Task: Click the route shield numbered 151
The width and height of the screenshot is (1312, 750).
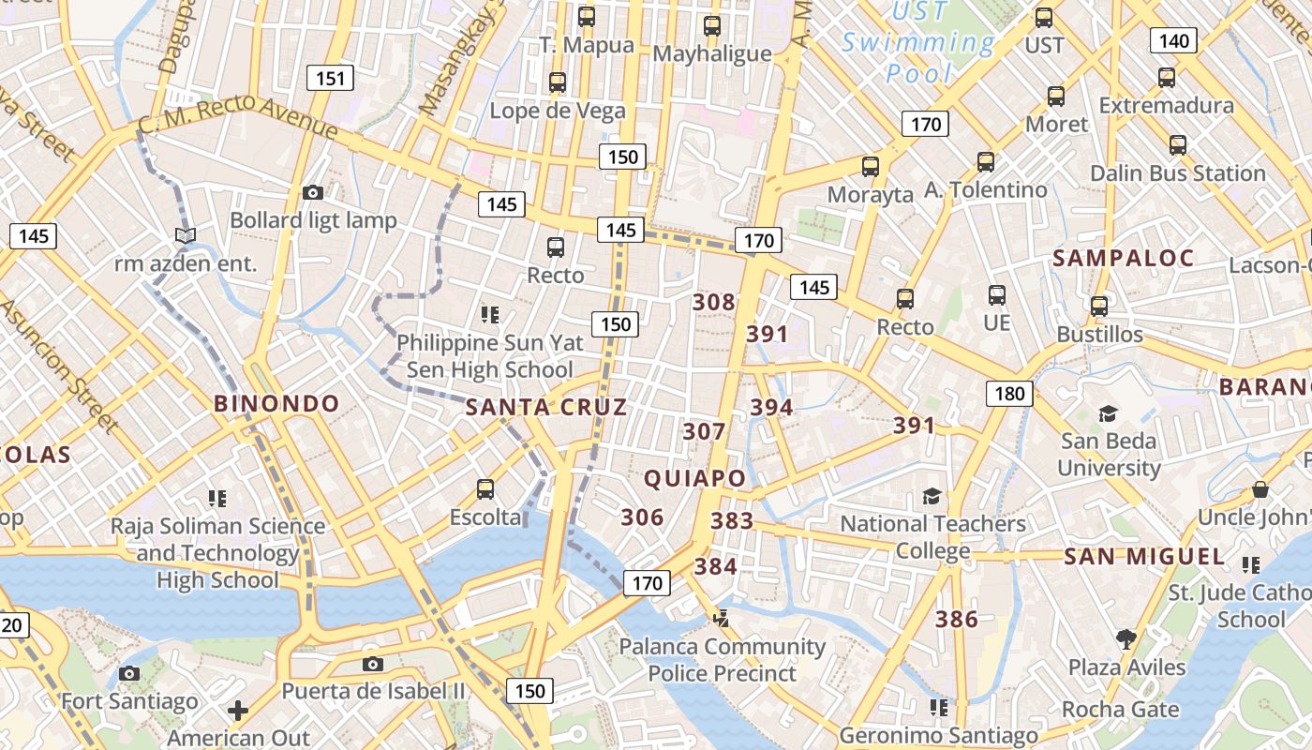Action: click(x=330, y=78)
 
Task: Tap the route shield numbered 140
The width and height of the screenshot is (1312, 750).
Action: click(x=1173, y=40)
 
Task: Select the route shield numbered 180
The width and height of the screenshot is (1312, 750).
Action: click(x=1009, y=393)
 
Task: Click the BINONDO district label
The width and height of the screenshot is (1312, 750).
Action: click(x=276, y=404)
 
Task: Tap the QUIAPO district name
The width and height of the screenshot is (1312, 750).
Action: click(x=694, y=478)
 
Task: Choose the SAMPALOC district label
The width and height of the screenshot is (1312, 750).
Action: click(x=1124, y=258)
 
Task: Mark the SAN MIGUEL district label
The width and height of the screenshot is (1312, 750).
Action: click(x=1144, y=557)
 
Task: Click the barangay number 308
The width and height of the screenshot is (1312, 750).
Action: click(x=714, y=302)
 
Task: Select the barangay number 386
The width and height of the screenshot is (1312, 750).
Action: click(x=957, y=619)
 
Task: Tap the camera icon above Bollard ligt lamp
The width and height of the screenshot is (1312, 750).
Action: click(x=313, y=192)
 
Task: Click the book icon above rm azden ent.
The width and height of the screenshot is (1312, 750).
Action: click(x=186, y=235)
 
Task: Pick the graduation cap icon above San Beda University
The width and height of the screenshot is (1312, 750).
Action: click(x=1108, y=413)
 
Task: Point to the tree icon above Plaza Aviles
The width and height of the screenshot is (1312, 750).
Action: click(x=1126, y=639)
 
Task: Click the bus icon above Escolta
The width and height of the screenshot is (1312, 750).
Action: click(x=485, y=488)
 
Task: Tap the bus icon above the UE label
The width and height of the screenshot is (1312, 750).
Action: click(x=997, y=295)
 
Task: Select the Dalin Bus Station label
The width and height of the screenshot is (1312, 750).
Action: click(x=1177, y=173)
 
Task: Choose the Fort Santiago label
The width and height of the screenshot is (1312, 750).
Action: click(x=129, y=701)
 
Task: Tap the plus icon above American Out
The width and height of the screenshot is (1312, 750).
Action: click(x=238, y=711)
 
